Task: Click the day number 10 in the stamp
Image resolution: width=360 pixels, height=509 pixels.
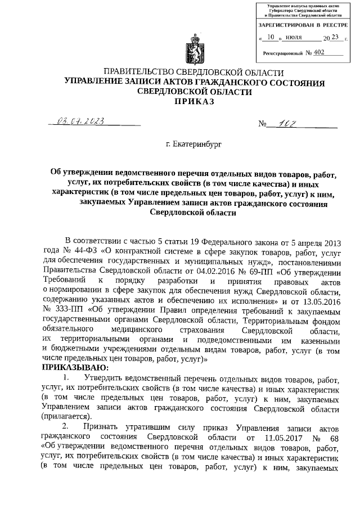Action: (x=272, y=38)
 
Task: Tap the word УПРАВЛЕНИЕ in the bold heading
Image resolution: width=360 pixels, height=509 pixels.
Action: (x=94, y=83)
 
